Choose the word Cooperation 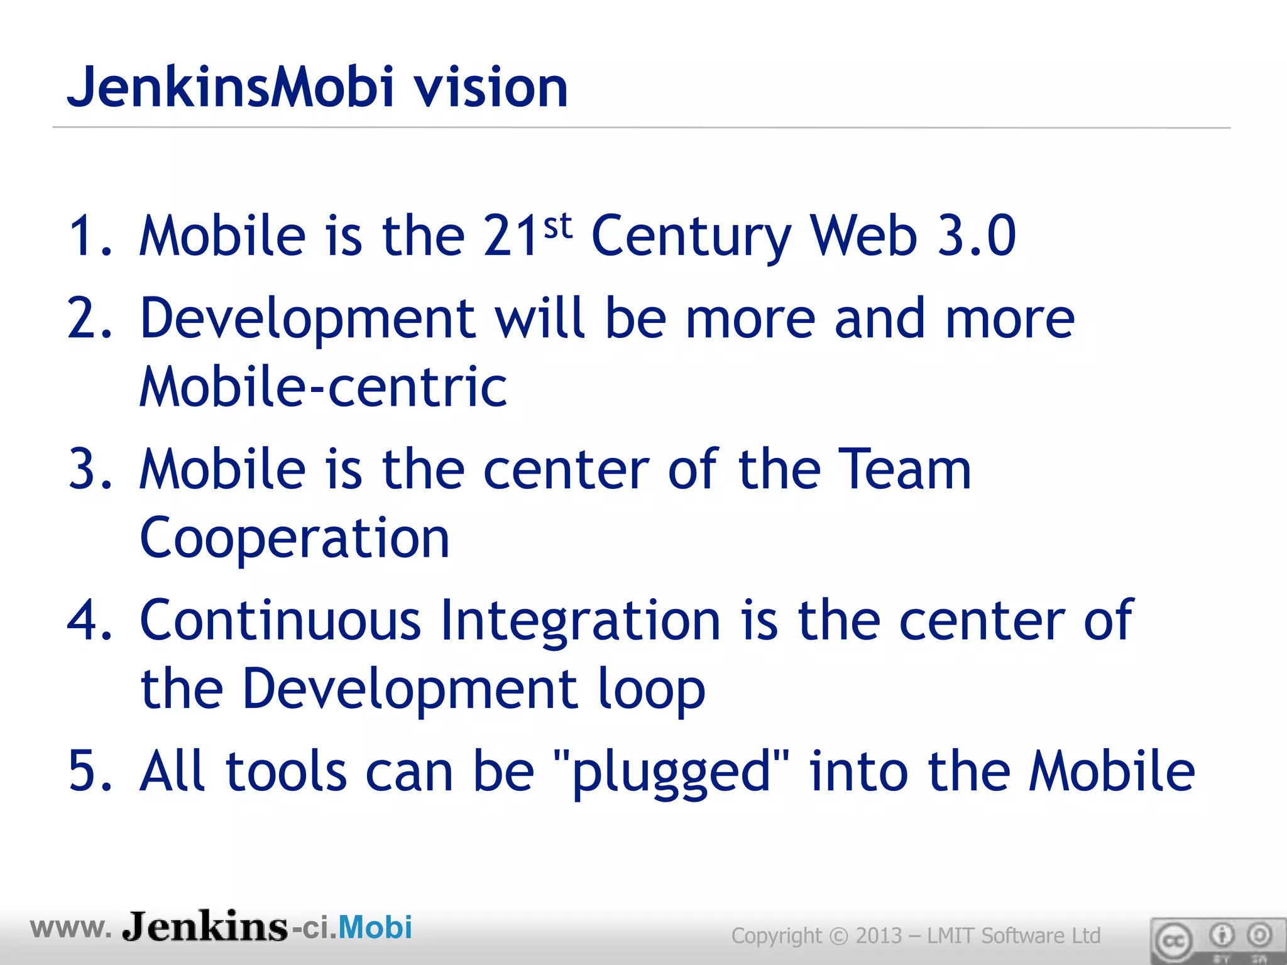tap(294, 539)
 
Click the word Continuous tap(280, 620)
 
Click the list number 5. tap(88, 771)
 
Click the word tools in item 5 tap(286, 771)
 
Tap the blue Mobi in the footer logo tap(375, 927)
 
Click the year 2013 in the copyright tap(879, 935)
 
